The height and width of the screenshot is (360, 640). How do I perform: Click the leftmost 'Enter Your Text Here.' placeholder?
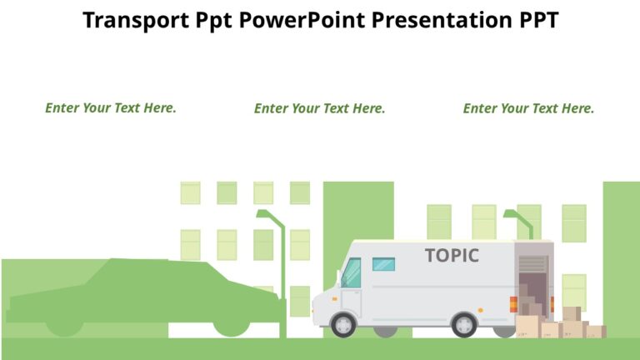click(111, 107)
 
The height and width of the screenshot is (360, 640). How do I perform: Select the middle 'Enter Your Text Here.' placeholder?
click(320, 108)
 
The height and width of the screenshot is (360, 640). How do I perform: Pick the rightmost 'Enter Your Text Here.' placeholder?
click(528, 108)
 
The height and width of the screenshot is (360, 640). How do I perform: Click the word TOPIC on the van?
click(452, 255)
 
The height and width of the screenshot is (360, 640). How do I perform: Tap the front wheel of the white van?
click(343, 324)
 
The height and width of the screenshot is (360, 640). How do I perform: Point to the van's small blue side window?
click(383, 264)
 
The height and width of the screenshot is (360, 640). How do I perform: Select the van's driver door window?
click(352, 272)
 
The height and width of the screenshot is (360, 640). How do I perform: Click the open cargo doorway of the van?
click(532, 283)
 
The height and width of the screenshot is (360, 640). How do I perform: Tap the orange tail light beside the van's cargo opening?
click(512, 304)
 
